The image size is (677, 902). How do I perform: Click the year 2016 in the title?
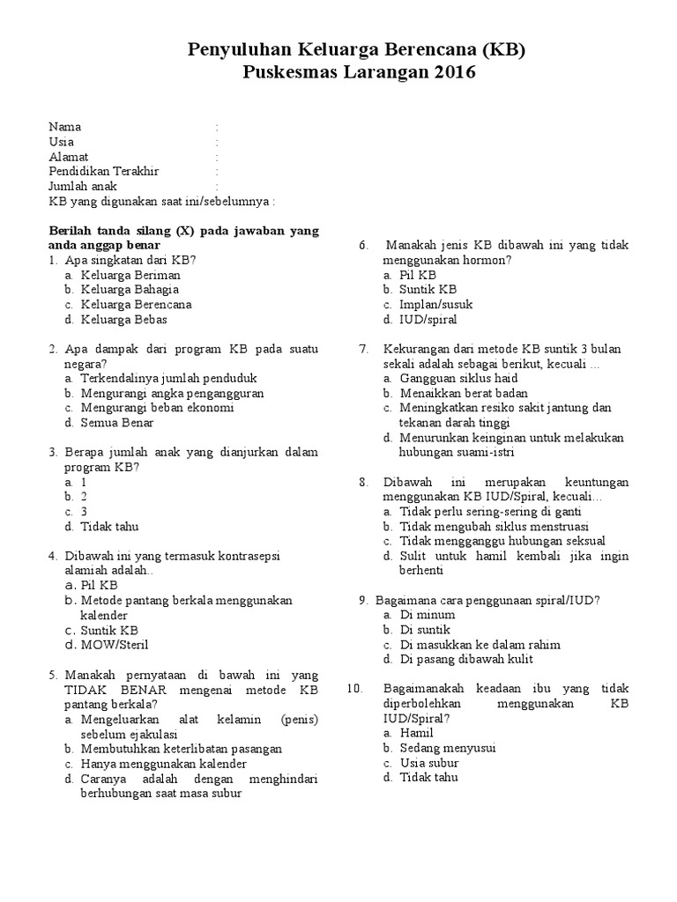coord(454,73)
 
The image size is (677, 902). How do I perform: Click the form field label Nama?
coord(64,127)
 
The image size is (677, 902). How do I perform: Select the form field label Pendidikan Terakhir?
coord(104,172)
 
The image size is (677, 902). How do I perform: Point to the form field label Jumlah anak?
coord(83,187)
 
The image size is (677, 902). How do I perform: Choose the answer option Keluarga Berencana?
coord(136,305)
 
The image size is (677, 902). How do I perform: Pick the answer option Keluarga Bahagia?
coord(130,290)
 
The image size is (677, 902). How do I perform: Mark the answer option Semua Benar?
coord(117,424)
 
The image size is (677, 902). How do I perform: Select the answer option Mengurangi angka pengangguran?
coord(172,394)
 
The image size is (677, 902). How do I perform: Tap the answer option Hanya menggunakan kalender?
coord(164,764)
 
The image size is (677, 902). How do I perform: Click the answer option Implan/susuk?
coord(436,305)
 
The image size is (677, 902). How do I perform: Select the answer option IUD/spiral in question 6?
coord(428,320)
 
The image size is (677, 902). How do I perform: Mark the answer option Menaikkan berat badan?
coord(451,394)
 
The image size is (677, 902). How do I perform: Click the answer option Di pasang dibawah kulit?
coord(466,660)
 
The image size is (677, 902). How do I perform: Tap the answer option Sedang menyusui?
coord(448,748)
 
